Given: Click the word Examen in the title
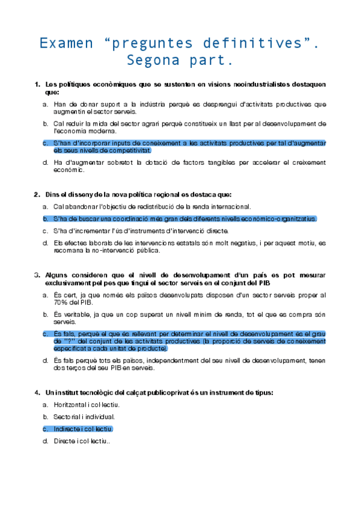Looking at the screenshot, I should [x=67, y=43].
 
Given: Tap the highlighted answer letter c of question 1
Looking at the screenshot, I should [x=45, y=143].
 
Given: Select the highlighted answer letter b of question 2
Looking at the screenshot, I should [x=45, y=218].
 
